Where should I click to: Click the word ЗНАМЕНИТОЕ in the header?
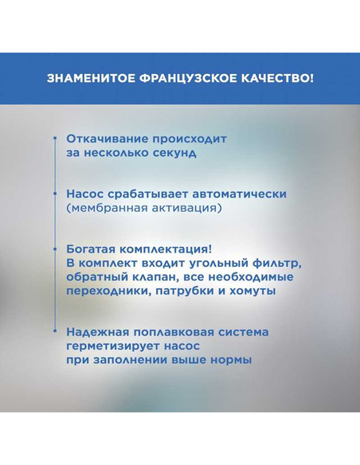click(x=86, y=79)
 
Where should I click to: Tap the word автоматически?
click(x=236, y=194)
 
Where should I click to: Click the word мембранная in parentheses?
click(x=112, y=209)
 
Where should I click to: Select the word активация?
click(x=190, y=209)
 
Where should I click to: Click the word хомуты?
click(x=250, y=291)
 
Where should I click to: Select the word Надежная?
click(x=100, y=332)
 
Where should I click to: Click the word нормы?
click(x=230, y=361)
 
